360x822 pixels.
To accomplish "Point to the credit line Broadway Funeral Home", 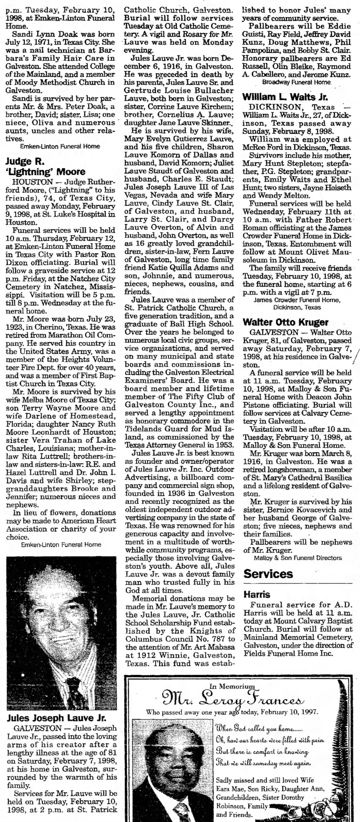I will (296, 82).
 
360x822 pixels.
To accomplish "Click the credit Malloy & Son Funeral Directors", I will (298, 558).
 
